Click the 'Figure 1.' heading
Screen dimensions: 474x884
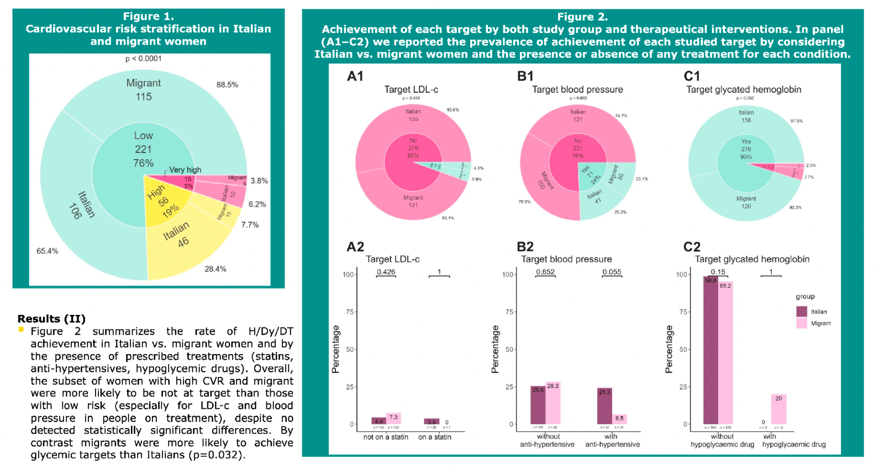(x=148, y=17)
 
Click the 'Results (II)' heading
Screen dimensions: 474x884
(x=51, y=319)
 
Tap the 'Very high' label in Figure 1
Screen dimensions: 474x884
(x=185, y=170)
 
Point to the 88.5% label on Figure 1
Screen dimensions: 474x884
(x=227, y=85)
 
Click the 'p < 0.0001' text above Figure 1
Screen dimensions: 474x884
(x=144, y=59)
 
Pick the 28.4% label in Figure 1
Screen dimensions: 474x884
(x=215, y=269)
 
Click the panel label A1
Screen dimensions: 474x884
(x=355, y=76)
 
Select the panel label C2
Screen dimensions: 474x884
(x=692, y=247)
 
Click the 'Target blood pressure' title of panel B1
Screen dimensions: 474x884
(x=577, y=89)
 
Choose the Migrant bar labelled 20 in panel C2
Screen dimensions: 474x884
(x=778, y=409)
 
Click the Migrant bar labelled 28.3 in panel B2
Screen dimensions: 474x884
(x=553, y=403)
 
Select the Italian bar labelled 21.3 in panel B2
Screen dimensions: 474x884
(x=604, y=406)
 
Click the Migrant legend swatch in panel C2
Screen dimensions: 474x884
(x=801, y=323)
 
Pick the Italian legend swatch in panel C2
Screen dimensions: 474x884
(x=801, y=312)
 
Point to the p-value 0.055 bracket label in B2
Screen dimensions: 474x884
(x=612, y=272)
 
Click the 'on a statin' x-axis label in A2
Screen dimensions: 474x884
(x=434, y=437)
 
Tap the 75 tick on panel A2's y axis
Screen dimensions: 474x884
(x=350, y=312)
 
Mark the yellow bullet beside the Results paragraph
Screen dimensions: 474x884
(x=21, y=330)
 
